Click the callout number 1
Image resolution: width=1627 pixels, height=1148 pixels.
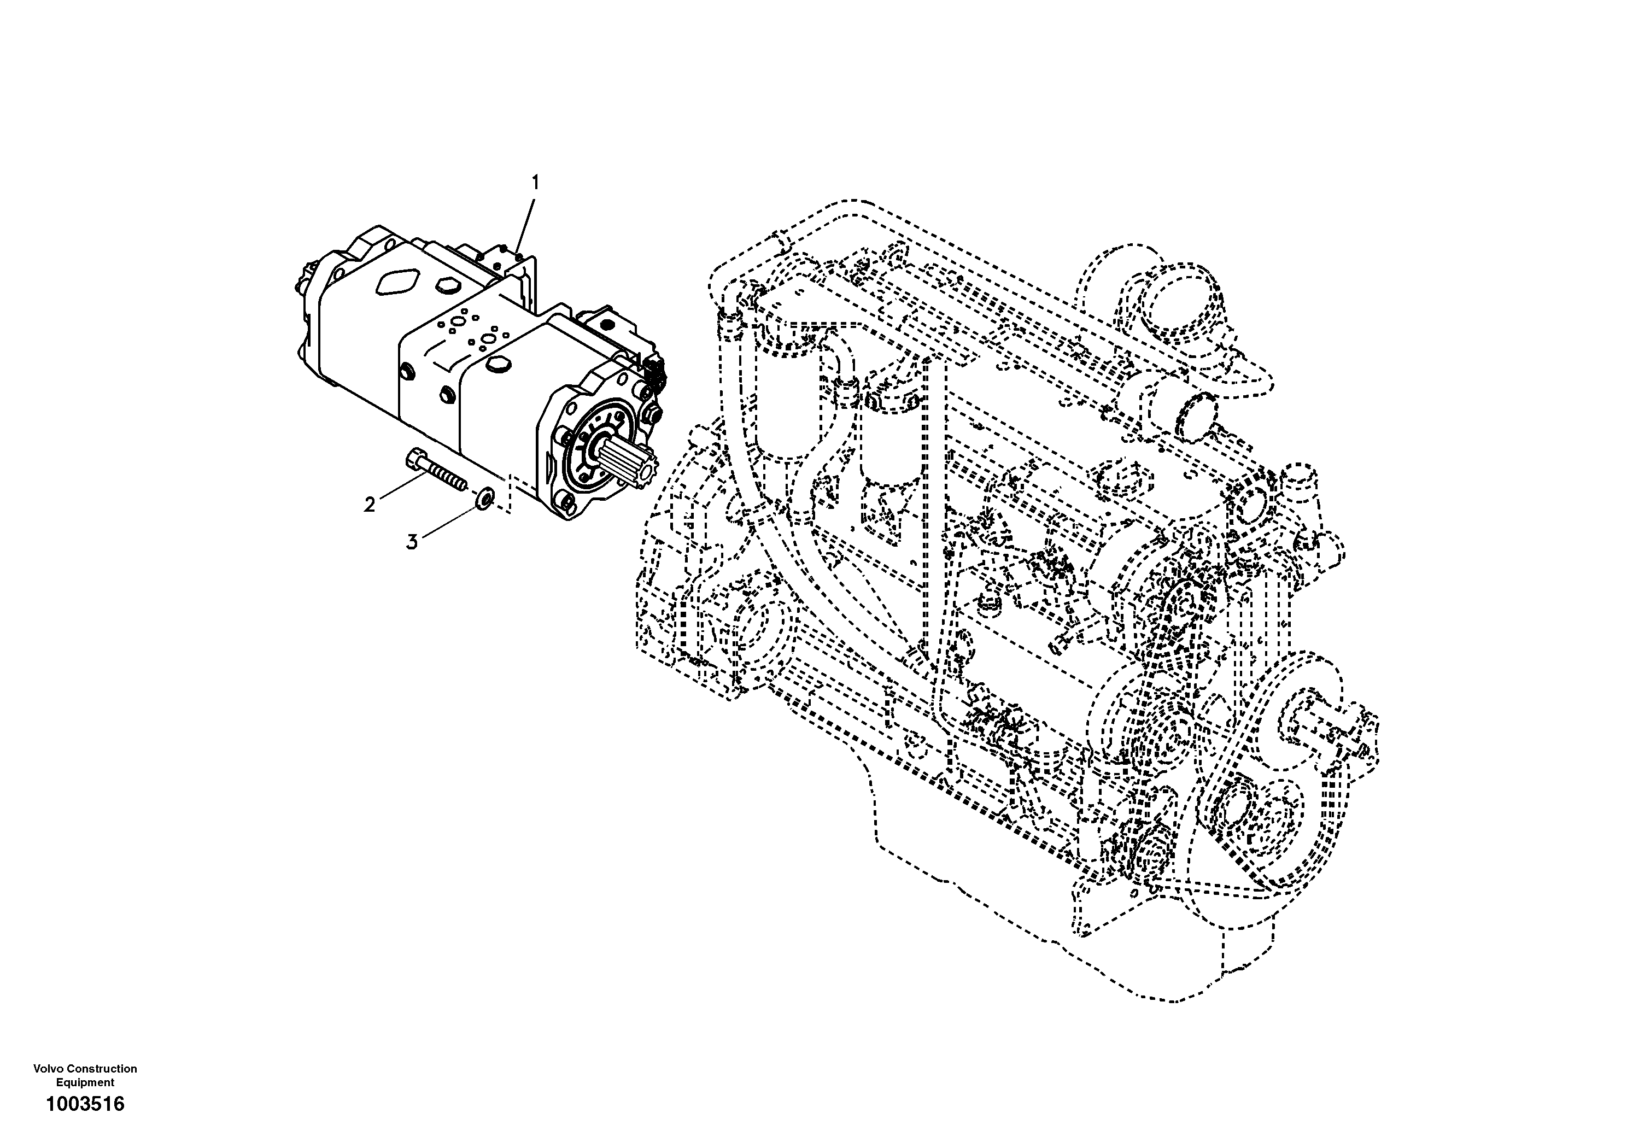point(536,183)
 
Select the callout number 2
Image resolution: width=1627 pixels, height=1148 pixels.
point(369,505)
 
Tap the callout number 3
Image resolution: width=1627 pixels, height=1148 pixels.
point(412,542)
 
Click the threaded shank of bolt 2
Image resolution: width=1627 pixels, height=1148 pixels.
point(447,476)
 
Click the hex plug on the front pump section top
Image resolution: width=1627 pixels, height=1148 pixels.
point(499,366)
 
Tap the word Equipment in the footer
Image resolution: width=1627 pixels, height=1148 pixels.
point(85,1083)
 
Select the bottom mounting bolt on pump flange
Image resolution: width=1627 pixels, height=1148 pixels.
point(566,502)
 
